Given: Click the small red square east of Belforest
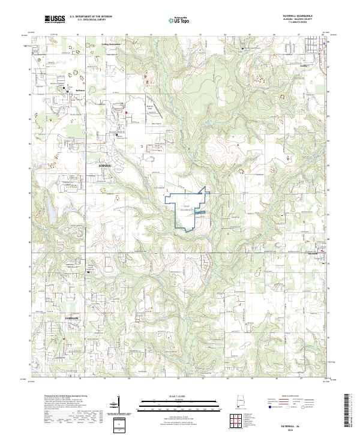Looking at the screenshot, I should (127, 111).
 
